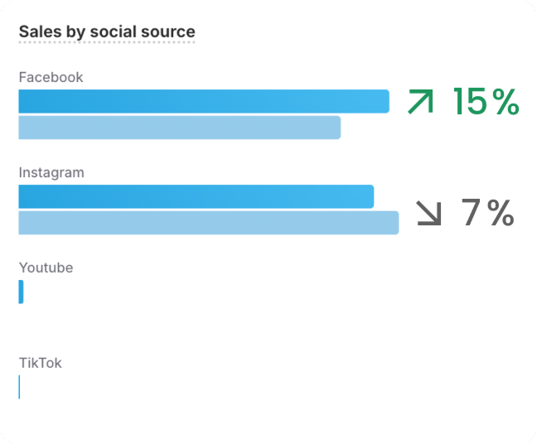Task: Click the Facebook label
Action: [x=51, y=77]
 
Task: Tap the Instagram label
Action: [x=51, y=172]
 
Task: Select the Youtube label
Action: [x=46, y=268]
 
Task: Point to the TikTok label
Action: [x=40, y=363]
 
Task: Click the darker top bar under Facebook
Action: [x=203, y=101]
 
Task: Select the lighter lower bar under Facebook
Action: [x=179, y=128]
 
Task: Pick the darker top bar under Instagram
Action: [x=196, y=196]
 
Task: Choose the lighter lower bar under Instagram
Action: [x=208, y=223]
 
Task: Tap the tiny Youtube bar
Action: [x=21, y=292]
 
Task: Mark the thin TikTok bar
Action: [x=19, y=387]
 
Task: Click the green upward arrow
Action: [x=420, y=102]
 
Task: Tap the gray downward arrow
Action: [x=428, y=213]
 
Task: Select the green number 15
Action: [x=469, y=102]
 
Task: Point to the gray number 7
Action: [x=471, y=213]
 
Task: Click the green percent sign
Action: [x=505, y=102]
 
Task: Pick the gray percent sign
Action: [x=501, y=213]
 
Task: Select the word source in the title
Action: [x=169, y=31]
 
